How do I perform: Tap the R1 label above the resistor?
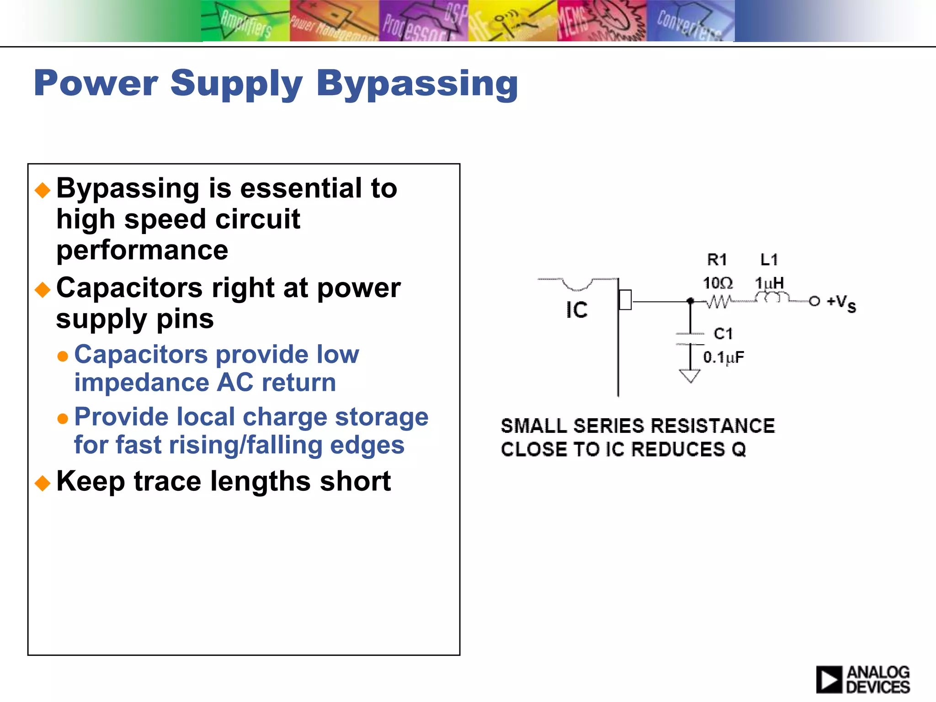click(717, 260)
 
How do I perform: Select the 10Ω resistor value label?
click(718, 283)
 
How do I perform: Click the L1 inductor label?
click(769, 260)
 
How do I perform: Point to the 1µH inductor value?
click(769, 283)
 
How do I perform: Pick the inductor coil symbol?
click(772, 298)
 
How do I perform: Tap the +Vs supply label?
click(841, 303)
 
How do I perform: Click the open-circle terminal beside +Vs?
click(814, 301)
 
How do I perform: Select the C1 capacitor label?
click(723, 334)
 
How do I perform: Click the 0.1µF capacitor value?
click(723, 357)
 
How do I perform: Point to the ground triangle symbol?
click(690, 376)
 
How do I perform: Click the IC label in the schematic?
click(577, 310)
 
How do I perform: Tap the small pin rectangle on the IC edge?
click(625, 300)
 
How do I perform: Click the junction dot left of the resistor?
click(691, 301)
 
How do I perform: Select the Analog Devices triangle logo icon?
click(829, 679)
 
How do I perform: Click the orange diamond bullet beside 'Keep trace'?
click(43, 483)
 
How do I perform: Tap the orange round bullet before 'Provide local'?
click(63, 418)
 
